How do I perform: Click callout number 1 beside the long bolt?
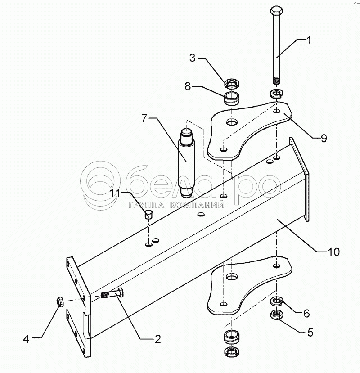pos(309,40)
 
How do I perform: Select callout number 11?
pos(117,193)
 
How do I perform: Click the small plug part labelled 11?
pos(148,213)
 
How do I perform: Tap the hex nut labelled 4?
pos(59,302)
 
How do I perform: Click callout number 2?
pos(157,338)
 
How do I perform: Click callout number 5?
pos(310,333)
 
